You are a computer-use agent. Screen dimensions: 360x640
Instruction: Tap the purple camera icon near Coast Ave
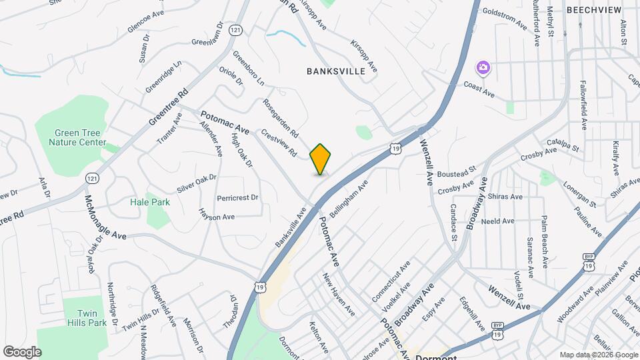tap(483, 67)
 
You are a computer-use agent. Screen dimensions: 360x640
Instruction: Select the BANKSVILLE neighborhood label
tap(336, 71)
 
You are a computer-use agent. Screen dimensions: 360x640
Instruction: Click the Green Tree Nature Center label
tap(80, 137)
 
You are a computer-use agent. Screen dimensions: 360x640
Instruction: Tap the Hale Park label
tap(150, 202)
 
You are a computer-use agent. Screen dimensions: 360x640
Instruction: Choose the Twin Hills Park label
tap(87, 317)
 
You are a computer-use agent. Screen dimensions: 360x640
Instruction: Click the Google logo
tap(22, 351)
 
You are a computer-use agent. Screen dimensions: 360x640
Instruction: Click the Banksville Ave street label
tap(290, 227)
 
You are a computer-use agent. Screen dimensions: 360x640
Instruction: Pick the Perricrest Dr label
tap(237, 198)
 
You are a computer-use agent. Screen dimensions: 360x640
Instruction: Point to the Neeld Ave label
tap(498, 221)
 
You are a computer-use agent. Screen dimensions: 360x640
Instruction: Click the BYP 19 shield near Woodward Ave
tap(588, 261)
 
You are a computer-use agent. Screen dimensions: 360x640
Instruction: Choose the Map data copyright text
tap(597, 355)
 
